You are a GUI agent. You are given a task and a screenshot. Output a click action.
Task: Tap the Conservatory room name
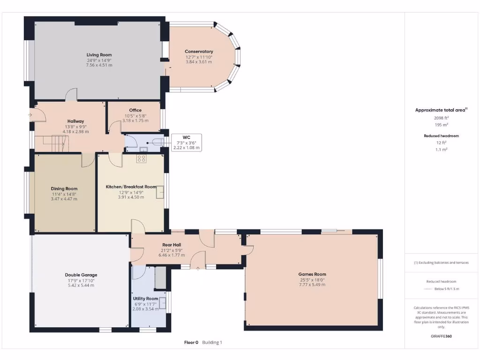199,52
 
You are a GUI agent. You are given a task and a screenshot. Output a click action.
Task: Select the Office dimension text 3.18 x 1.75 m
135,120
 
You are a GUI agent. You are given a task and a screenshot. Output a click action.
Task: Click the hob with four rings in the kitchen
141,158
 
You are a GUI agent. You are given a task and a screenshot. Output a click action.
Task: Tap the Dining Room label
64,189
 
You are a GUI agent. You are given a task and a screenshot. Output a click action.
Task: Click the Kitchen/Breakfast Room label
131,187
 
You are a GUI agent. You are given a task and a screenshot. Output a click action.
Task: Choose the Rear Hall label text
172,245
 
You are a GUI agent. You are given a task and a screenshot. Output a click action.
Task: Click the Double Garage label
81,275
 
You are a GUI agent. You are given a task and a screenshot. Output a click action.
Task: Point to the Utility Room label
145,299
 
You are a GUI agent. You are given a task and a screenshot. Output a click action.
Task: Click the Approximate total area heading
440,110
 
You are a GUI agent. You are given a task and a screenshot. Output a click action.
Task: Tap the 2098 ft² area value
441,118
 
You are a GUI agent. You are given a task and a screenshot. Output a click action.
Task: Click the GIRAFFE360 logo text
441,336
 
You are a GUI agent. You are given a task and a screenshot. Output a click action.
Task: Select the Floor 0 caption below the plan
191,343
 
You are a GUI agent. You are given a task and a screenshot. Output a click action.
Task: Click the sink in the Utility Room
164,304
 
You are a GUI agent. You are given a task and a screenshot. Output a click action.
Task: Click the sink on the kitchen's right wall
160,191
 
